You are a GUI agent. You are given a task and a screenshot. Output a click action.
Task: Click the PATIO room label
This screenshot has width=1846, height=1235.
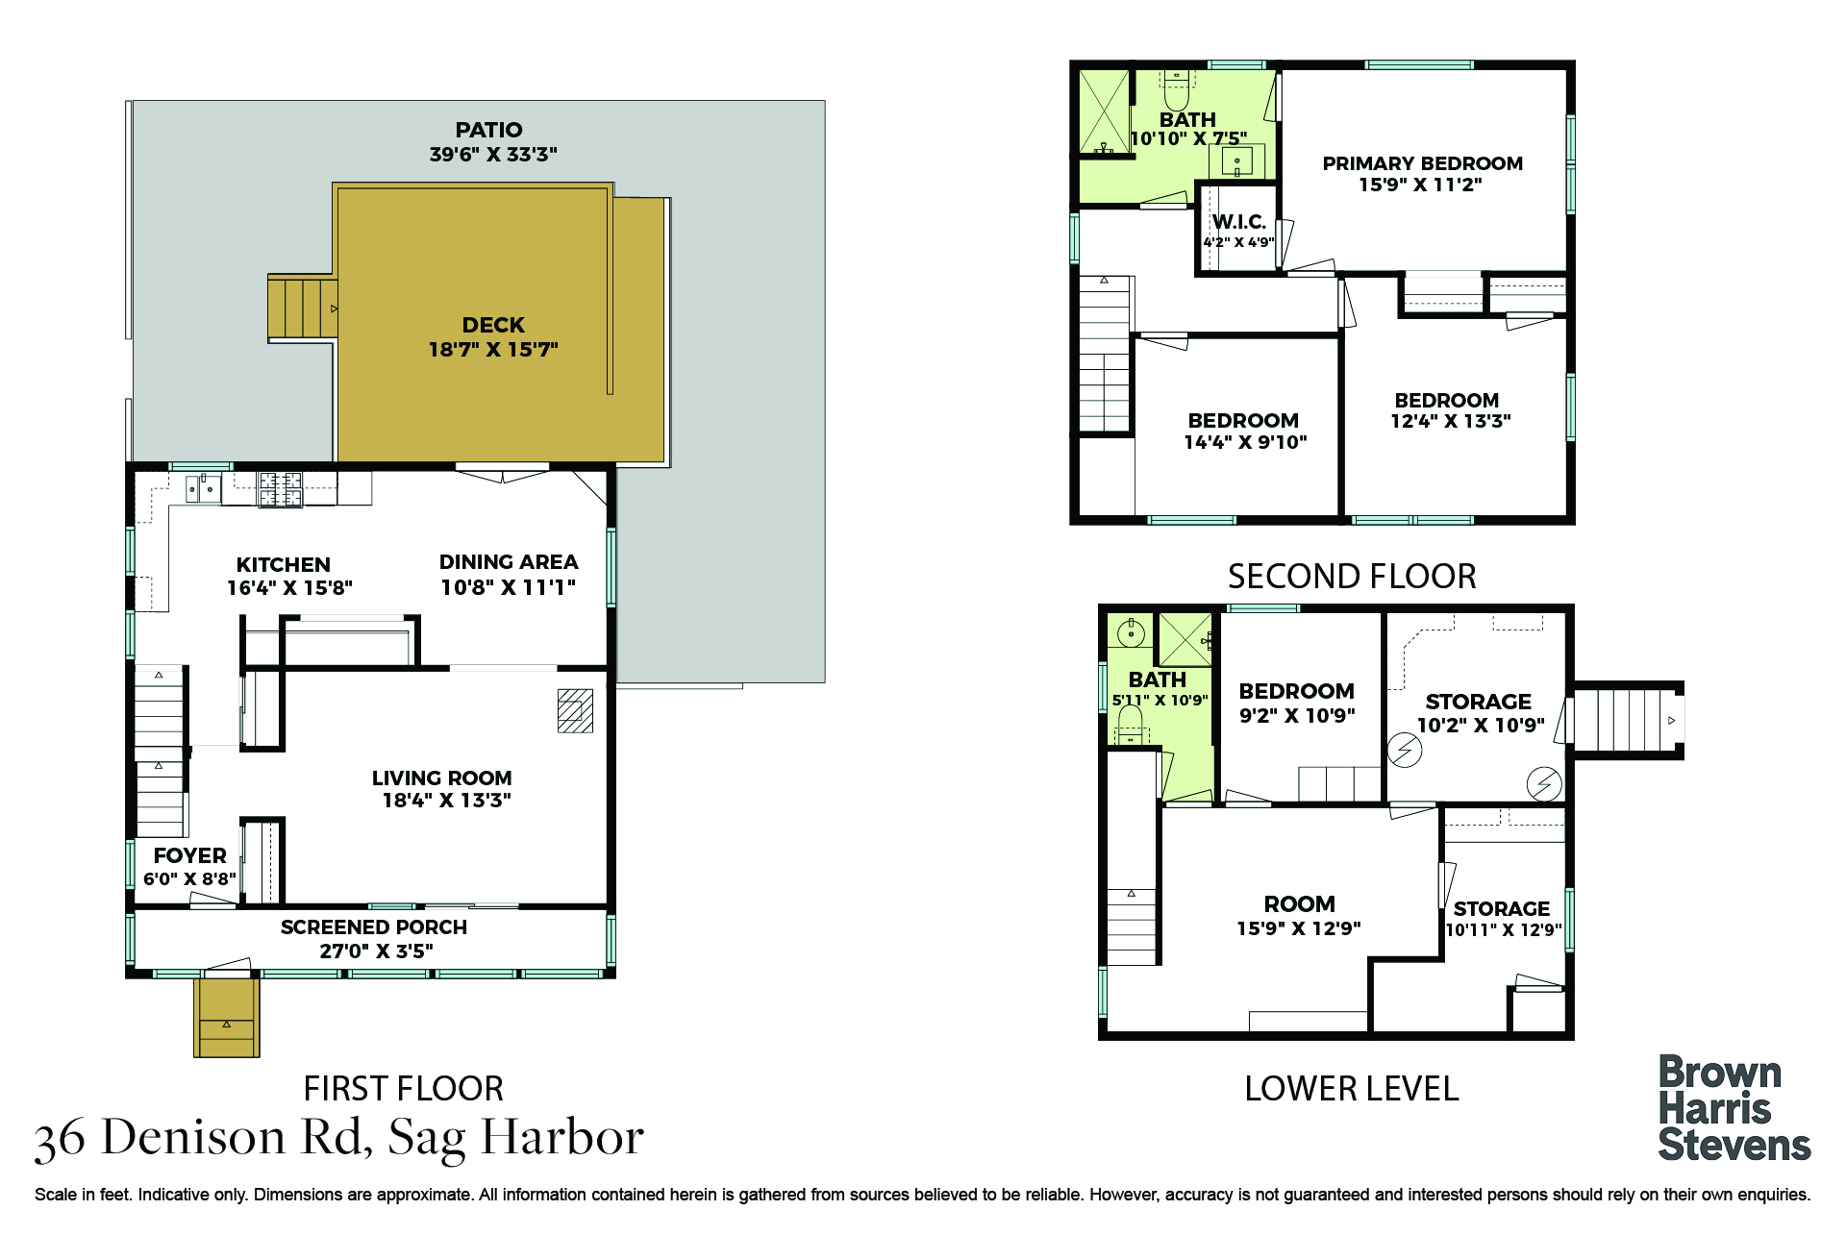(x=488, y=130)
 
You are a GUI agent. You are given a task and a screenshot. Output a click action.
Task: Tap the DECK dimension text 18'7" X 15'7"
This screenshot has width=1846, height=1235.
(x=493, y=350)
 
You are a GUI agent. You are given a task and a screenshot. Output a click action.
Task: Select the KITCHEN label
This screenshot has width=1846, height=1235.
(x=284, y=565)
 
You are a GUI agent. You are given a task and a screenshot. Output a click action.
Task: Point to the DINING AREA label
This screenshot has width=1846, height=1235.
(x=509, y=562)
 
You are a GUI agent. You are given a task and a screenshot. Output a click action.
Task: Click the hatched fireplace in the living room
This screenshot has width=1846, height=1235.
(x=575, y=711)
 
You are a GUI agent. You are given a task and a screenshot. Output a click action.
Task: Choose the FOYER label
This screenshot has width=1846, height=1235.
(x=189, y=855)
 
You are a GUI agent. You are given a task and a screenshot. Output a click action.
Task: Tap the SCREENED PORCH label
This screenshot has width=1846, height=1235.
(x=374, y=927)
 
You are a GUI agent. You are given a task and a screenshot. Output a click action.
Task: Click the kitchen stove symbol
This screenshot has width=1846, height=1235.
(x=280, y=488)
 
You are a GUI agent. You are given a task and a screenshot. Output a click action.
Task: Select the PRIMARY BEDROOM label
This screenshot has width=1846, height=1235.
(x=1422, y=163)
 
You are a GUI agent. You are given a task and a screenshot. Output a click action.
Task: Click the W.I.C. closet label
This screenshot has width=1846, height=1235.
(x=1238, y=222)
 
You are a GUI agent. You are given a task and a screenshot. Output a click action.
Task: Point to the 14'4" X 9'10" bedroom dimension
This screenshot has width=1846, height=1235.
(x=1245, y=443)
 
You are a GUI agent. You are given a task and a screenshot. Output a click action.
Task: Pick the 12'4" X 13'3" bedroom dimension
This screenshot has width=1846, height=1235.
(x=1451, y=421)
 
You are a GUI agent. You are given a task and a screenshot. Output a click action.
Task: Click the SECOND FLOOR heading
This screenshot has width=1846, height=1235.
(x=1352, y=577)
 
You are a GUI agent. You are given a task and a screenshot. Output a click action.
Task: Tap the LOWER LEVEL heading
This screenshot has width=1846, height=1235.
(x=1352, y=1089)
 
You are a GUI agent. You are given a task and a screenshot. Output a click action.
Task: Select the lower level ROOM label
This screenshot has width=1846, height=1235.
(x=1299, y=904)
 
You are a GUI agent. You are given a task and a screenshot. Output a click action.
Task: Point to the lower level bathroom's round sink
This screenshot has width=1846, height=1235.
(x=1132, y=633)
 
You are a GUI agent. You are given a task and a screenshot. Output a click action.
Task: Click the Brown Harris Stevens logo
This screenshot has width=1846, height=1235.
(x=1734, y=1109)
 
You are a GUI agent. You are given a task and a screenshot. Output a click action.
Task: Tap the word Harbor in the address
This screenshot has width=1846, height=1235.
(x=562, y=1138)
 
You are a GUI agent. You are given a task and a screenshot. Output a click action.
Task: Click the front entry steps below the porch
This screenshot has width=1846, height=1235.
(x=227, y=1018)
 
